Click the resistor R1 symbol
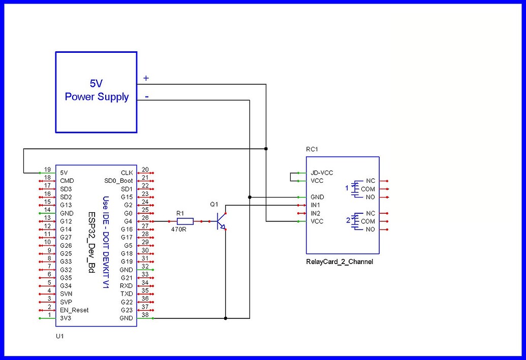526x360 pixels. click(x=185, y=221)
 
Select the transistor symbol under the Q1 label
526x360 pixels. click(x=220, y=221)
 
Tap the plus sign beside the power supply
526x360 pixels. click(x=146, y=78)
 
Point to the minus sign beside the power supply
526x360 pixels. click(x=147, y=95)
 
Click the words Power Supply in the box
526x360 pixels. click(x=97, y=96)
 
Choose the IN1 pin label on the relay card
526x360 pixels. click(x=316, y=205)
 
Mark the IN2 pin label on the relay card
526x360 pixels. click(x=316, y=213)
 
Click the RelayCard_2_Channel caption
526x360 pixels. click(x=339, y=261)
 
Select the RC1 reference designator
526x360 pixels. click(x=312, y=150)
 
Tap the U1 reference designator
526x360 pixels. click(x=59, y=336)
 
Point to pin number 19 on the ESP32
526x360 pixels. click(x=47, y=170)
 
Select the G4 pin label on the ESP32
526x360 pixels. click(x=127, y=221)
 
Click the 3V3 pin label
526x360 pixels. click(x=66, y=318)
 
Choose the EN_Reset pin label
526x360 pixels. click(x=74, y=310)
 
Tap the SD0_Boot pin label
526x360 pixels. click(x=118, y=181)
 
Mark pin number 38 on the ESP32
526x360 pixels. click(x=145, y=315)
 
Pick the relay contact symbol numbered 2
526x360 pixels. click(x=354, y=221)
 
